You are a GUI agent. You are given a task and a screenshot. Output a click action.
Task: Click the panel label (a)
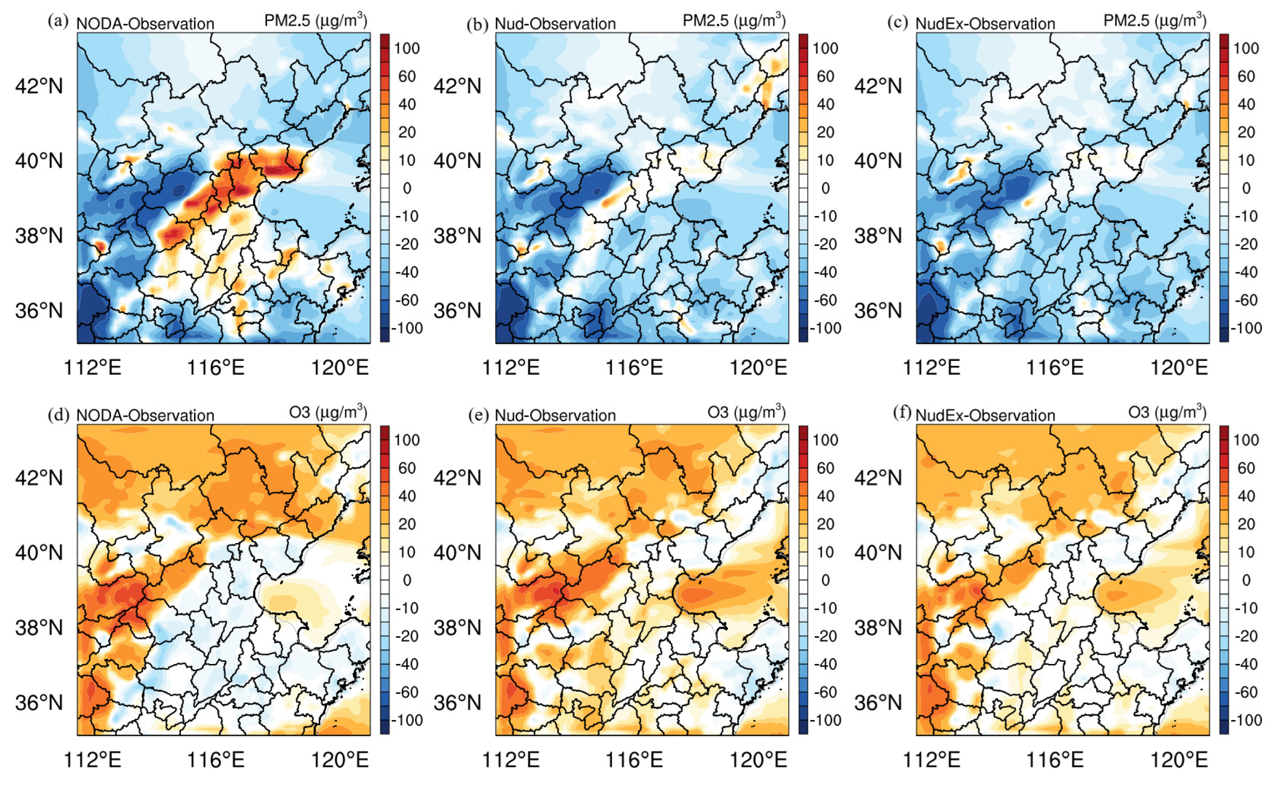(58, 22)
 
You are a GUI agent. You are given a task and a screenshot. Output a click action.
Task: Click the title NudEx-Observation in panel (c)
(985, 24)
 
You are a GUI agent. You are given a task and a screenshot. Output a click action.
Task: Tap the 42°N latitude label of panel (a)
(39, 86)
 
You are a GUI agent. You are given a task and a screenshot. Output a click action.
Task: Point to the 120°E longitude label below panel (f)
(1179, 760)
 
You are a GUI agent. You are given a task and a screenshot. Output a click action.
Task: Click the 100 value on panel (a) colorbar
(407, 48)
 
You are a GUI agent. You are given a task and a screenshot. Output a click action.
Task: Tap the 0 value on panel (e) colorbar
(825, 580)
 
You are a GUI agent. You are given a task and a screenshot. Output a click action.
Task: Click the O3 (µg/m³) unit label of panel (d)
(328, 413)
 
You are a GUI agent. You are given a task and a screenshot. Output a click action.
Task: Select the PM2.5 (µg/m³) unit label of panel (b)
(733, 21)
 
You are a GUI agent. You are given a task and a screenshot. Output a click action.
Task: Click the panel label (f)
(902, 413)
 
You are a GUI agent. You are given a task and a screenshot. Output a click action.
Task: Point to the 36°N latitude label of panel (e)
(457, 703)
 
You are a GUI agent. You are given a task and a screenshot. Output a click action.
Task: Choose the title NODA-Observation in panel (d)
(145, 416)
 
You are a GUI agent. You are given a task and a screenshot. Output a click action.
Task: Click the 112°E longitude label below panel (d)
(92, 760)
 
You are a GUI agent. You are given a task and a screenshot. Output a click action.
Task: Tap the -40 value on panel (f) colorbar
(1246, 664)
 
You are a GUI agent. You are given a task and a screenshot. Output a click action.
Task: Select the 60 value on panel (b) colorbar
(825, 77)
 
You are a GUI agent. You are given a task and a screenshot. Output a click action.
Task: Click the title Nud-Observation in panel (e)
(555, 416)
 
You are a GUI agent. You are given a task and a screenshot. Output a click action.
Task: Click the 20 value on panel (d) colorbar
(407, 524)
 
